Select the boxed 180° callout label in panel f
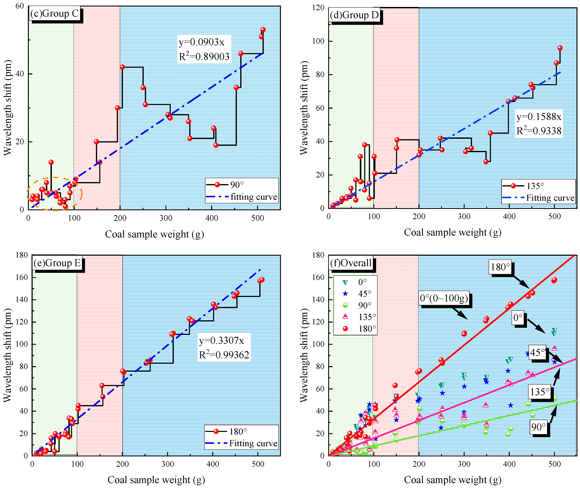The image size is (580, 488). tap(500, 267)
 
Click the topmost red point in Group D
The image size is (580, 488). tap(560, 48)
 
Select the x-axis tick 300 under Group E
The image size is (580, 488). tap(168, 464)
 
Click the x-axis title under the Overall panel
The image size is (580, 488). tap(452, 480)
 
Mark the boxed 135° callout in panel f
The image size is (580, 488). tap(539, 392)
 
